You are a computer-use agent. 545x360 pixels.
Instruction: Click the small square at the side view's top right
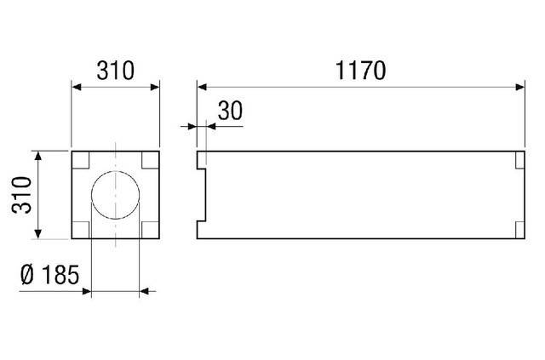[x=519, y=159]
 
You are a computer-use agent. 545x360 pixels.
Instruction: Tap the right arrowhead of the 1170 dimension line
[x=519, y=86]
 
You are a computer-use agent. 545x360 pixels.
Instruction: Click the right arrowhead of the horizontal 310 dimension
[x=155, y=86]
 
